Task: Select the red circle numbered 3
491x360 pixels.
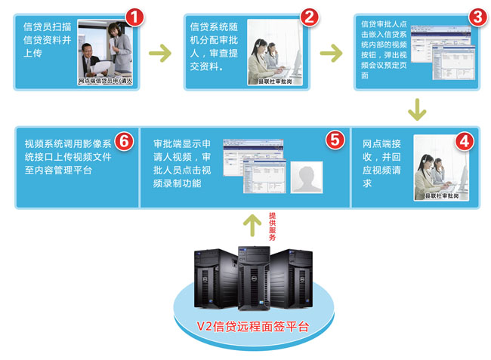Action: click(477, 17)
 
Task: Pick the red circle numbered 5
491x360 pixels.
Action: click(334, 140)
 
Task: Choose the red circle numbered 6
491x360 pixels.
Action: click(125, 141)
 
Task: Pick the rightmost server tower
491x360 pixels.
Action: click(291, 276)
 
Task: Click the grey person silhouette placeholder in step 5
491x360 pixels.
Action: click(307, 178)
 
